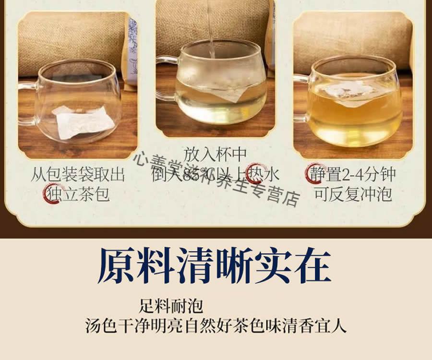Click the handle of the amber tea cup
coord(301,98)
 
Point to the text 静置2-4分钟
coord(353,174)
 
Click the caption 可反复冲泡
coord(353,194)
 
